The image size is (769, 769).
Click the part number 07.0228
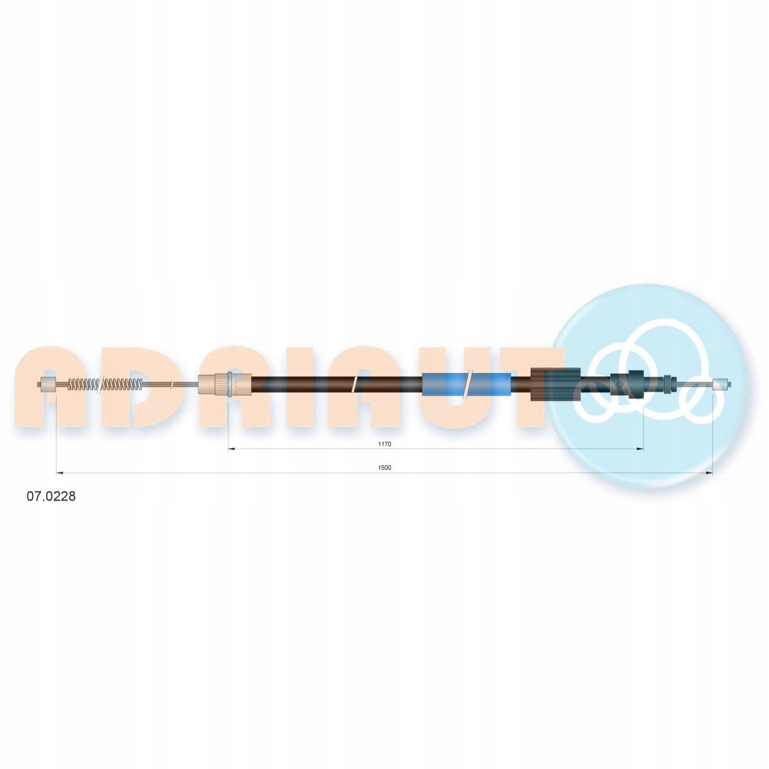pos(51,497)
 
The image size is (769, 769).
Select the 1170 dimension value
pos(385,443)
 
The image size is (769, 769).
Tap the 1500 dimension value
pos(384,468)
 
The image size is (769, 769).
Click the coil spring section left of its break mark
pos(83,384)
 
